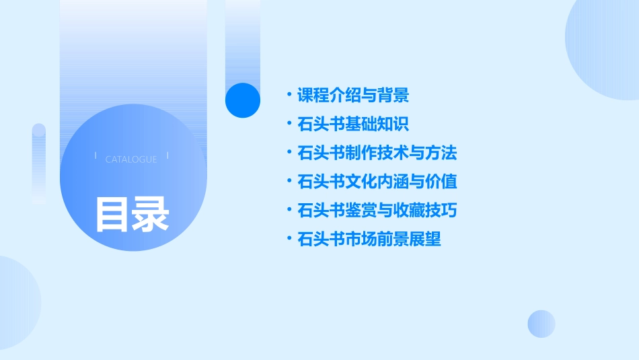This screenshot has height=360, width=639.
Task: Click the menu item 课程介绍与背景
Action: click(353, 96)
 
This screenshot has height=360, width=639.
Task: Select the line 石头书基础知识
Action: click(353, 124)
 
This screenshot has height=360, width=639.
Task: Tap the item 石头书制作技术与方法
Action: click(377, 153)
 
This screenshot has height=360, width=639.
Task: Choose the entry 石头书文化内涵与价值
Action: click(377, 182)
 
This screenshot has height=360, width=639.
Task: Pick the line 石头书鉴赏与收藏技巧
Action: click(377, 211)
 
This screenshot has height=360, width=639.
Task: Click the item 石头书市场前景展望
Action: click(369, 240)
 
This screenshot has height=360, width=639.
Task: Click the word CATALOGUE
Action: click(131, 159)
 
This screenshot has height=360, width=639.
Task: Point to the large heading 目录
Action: click(132, 215)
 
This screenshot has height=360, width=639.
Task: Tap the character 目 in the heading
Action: click(112, 215)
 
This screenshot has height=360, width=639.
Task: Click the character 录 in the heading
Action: click(151, 215)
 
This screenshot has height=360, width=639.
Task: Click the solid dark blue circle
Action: click(242, 100)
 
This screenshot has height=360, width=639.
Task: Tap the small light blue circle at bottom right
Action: click(541, 324)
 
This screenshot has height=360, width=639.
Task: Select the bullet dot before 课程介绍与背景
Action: click(289, 96)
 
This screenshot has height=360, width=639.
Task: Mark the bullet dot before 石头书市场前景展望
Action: click(289, 240)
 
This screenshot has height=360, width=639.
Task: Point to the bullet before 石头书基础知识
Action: click(289, 124)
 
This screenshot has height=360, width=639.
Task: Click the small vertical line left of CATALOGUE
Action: click(96, 157)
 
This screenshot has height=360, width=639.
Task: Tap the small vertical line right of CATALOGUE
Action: click(167, 157)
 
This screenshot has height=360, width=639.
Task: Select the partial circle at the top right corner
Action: click(605, 47)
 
